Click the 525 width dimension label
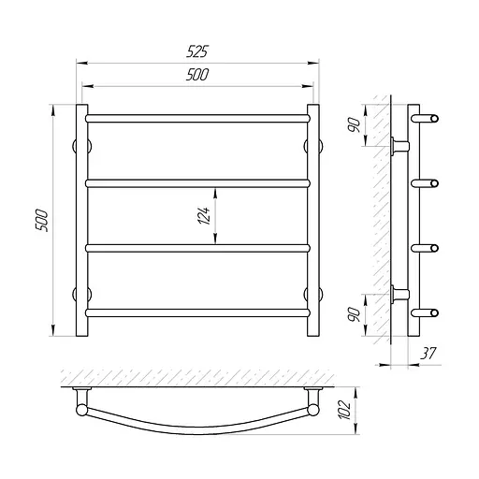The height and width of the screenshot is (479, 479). click(197, 51)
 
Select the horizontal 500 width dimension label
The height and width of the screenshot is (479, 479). click(197, 75)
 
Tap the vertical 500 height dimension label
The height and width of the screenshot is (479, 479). click(42, 221)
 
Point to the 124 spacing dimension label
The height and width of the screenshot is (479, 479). click(204, 215)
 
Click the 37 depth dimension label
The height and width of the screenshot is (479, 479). click(428, 354)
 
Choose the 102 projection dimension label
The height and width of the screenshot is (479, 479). click(344, 410)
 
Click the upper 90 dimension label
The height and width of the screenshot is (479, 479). click(355, 124)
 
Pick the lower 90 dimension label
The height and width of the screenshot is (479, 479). click(355, 314)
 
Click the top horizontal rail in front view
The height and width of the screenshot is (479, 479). click(197, 118)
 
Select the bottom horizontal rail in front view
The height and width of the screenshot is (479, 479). click(197, 312)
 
